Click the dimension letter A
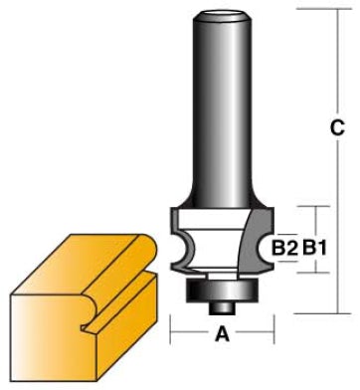[x=222, y=333]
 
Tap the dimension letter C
[x=337, y=127]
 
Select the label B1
[x=314, y=248]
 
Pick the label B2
[x=284, y=248]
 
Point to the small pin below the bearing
[x=222, y=307]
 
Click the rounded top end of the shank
[x=222, y=17]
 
